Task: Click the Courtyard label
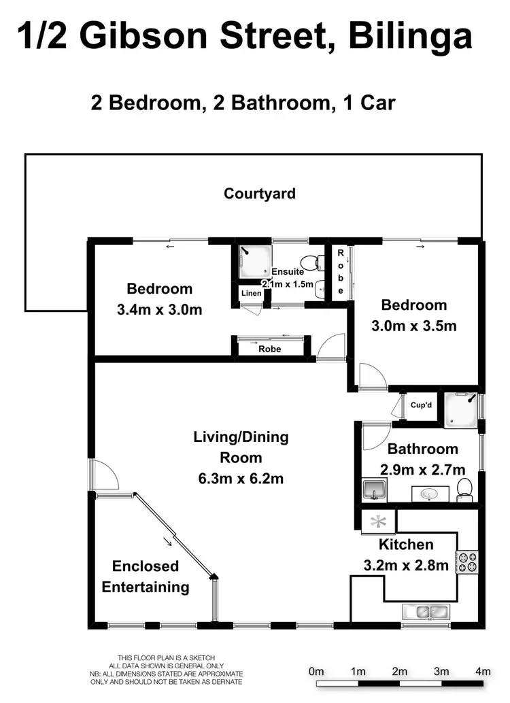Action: (260, 194)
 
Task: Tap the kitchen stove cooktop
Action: (467, 561)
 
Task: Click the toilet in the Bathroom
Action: (465, 488)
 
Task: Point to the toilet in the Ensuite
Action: (314, 262)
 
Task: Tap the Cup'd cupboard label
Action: (421, 405)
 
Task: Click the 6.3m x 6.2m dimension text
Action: (241, 479)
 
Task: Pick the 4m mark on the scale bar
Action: (483, 672)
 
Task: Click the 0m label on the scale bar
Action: (316, 672)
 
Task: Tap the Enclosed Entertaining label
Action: (146, 577)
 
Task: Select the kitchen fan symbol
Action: (379, 522)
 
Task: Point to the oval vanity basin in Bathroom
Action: (429, 494)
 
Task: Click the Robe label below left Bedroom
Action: (270, 349)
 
